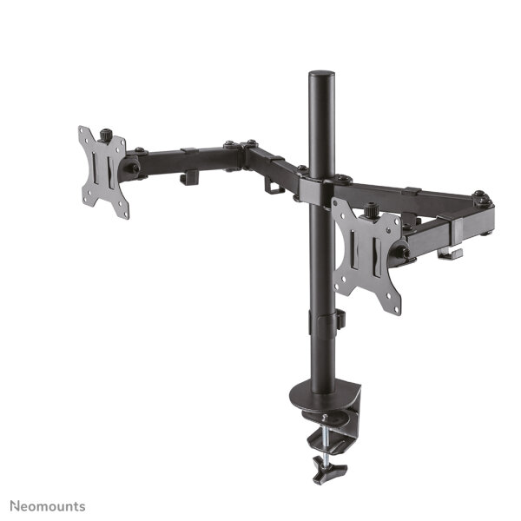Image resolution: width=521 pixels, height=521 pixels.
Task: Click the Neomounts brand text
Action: [48, 505]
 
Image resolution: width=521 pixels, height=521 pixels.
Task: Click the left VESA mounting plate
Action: [103, 171]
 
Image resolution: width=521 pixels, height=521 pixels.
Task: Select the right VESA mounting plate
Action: [366, 255]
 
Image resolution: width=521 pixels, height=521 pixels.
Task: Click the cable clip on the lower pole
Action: [339, 320]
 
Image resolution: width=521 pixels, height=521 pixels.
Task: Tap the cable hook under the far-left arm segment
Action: [188, 178]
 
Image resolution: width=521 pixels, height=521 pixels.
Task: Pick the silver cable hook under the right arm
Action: [449, 253]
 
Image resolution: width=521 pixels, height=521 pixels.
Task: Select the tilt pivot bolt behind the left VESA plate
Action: [133, 165]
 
